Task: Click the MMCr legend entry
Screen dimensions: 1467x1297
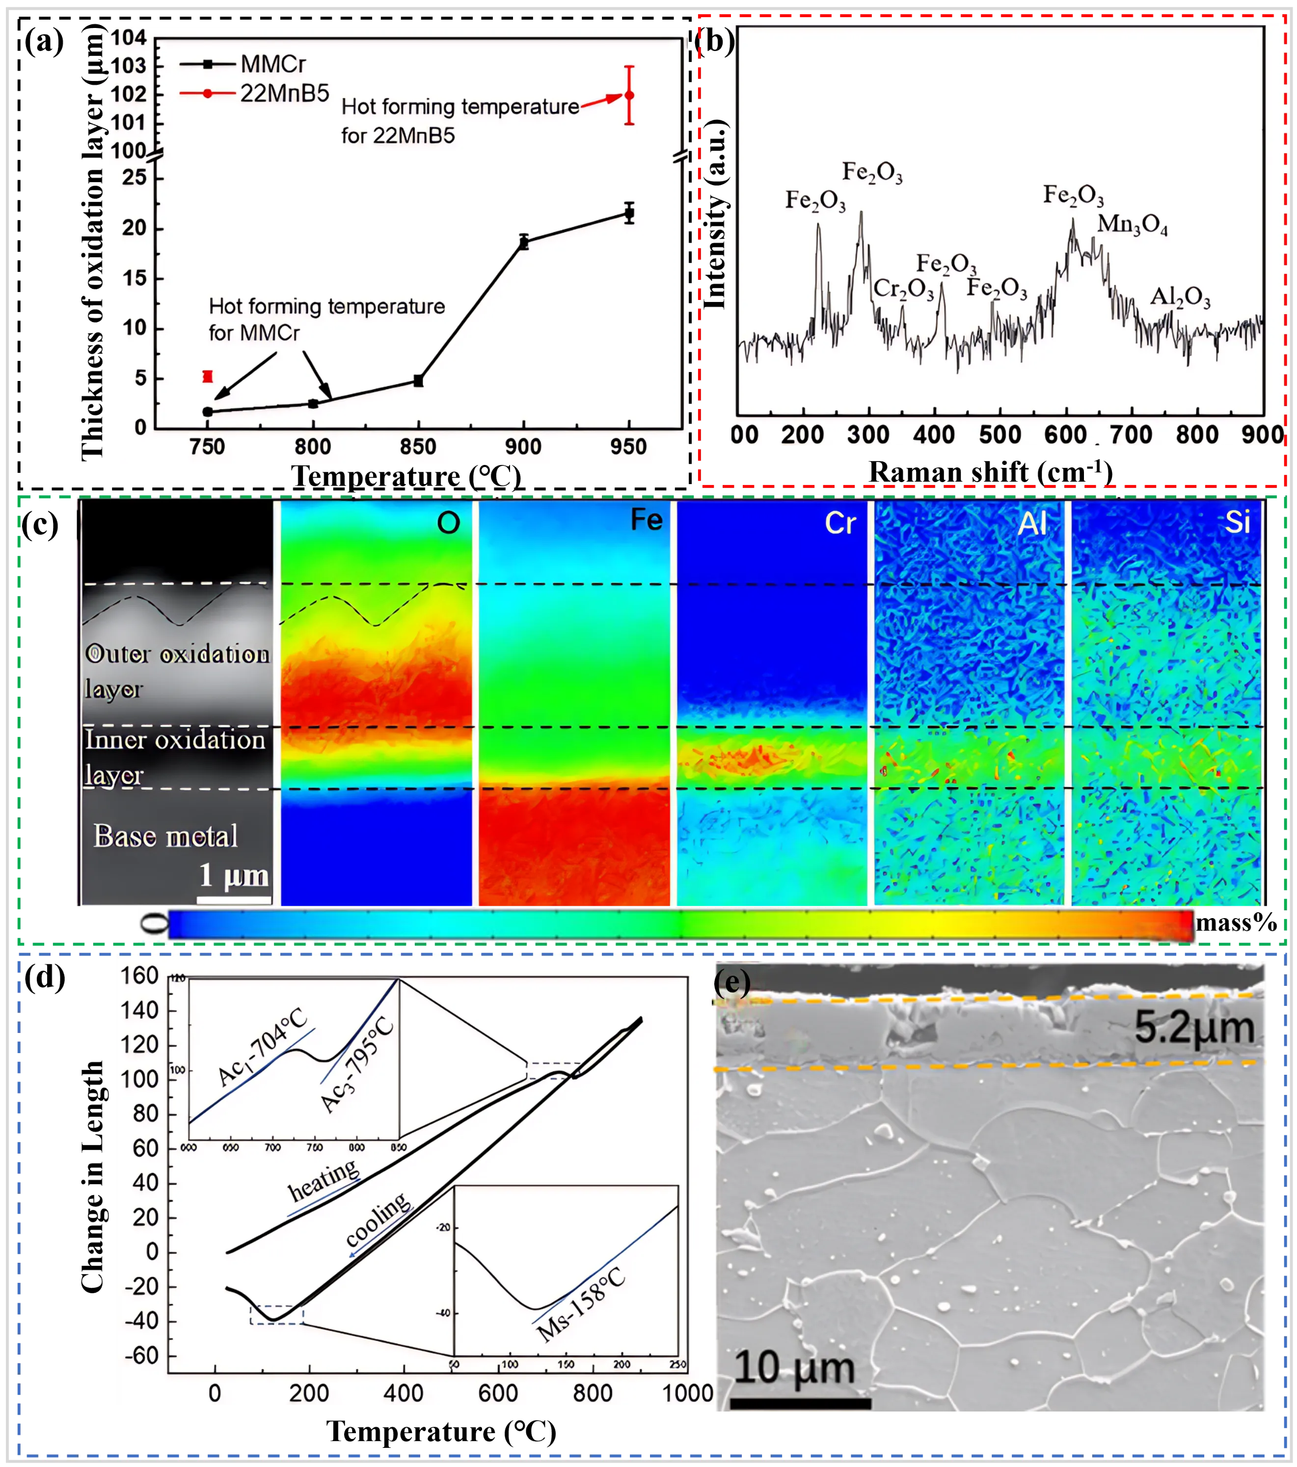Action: pos(273,65)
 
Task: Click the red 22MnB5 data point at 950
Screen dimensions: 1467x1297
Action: pos(629,95)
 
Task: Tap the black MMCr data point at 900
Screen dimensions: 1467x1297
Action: pos(524,243)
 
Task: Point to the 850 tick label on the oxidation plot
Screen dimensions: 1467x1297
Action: pos(418,447)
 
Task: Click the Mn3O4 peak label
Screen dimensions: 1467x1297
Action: pos(1132,225)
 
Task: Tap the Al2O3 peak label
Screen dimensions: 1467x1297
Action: pos(1180,297)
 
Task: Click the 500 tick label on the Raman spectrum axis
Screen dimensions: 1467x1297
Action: pos(1000,435)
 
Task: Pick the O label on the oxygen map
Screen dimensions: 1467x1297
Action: pos(449,523)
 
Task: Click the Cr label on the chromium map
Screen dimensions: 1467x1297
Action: pos(840,523)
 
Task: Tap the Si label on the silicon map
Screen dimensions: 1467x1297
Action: pos(1237,522)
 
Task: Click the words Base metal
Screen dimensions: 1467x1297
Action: pos(166,836)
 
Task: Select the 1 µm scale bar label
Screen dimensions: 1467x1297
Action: pos(234,875)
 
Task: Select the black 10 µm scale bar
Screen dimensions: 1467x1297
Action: pos(800,1403)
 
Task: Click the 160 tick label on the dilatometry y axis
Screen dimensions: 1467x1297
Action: pos(139,976)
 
